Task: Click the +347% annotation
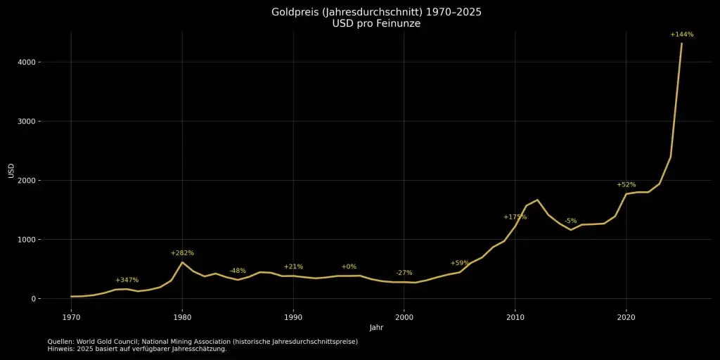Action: (x=127, y=280)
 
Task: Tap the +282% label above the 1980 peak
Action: (x=182, y=253)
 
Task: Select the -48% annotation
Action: (x=238, y=271)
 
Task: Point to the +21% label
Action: (x=293, y=266)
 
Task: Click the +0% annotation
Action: (x=349, y=266)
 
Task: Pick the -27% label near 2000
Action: (x=404, y=273)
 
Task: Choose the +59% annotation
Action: (x=460, y=263)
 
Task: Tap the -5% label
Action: (x=570, y=221)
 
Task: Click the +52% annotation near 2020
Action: (x=626, y=184)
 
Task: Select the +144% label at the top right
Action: (x=681, y=34)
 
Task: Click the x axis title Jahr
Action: (x=376, y=328)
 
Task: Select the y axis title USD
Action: (x=11, y=172)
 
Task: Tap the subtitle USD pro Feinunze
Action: (x=376, y=24)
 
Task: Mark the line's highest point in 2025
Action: (x=681, y=43)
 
